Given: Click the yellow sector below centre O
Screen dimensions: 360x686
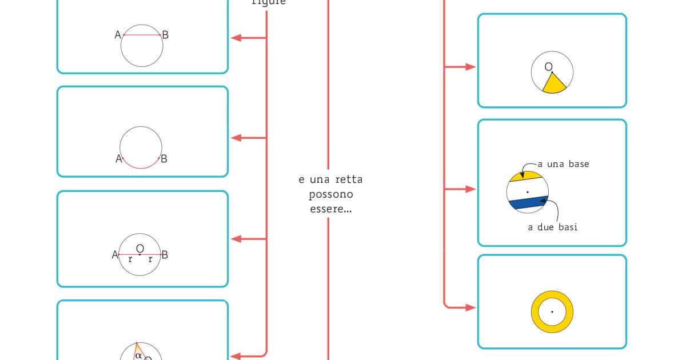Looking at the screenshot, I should click(x=553, y=85).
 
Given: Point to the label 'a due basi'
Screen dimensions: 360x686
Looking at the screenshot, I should click(x=552, y=227).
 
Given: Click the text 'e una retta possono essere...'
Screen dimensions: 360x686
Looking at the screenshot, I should click(x=330, y=194).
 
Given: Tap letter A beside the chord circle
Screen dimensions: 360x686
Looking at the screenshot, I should click(x=118, y=35).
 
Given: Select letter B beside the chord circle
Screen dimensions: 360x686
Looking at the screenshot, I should click(x=165, y=35).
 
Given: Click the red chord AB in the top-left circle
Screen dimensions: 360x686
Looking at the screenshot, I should click(x=142, y=35).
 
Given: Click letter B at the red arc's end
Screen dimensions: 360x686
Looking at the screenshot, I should click(x=164, y=159).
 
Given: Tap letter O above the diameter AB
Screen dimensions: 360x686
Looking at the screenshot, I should click(x=140, y=247).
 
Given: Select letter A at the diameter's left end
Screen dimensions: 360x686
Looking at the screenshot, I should click(x=115, y=255).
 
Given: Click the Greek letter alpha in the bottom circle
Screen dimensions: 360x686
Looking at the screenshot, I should click(x=138, y=355).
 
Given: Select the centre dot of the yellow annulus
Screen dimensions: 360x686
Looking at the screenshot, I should click(x=552, y=312).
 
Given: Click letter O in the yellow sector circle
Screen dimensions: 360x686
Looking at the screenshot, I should click(x=549, y=67).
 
